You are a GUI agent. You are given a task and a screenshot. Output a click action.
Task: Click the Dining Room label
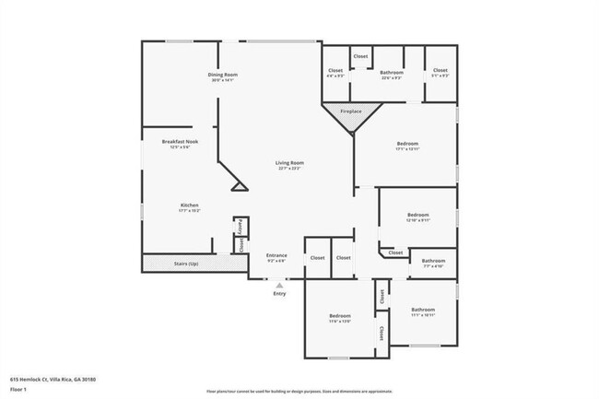(x=223, y=75)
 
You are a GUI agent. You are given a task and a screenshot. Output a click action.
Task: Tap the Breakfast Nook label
(x=175, y=142)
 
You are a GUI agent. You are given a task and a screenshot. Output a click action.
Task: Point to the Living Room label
(x=290, y=163)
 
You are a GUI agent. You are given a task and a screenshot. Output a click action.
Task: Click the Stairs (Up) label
(x=187, y=264)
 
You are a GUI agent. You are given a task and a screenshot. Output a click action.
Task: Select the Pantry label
(x=241, y=224)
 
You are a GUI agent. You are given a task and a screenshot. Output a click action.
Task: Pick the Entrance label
(x=276, y=255)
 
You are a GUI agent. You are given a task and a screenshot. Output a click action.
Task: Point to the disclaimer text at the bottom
(x=299, y=392)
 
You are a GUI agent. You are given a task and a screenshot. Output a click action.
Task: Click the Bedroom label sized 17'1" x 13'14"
(x=407, y=144)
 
